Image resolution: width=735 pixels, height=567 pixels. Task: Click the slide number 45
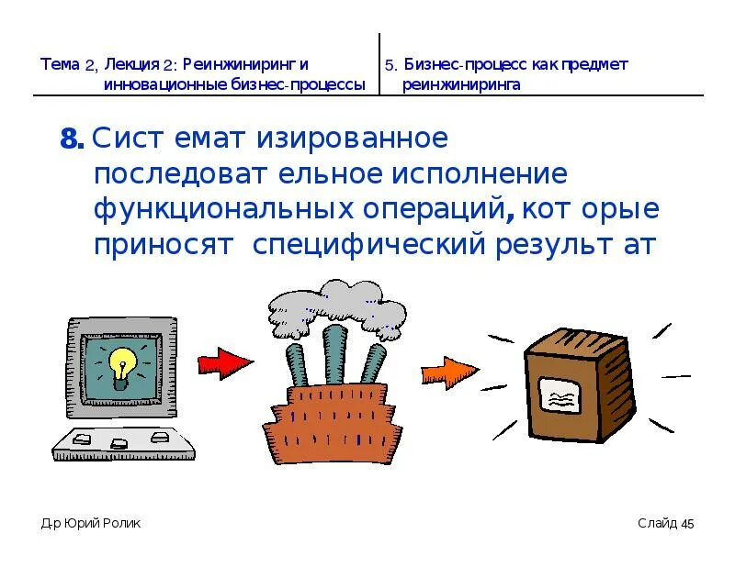[686, 524]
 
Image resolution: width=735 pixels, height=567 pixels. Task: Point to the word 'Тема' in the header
[60, 65]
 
